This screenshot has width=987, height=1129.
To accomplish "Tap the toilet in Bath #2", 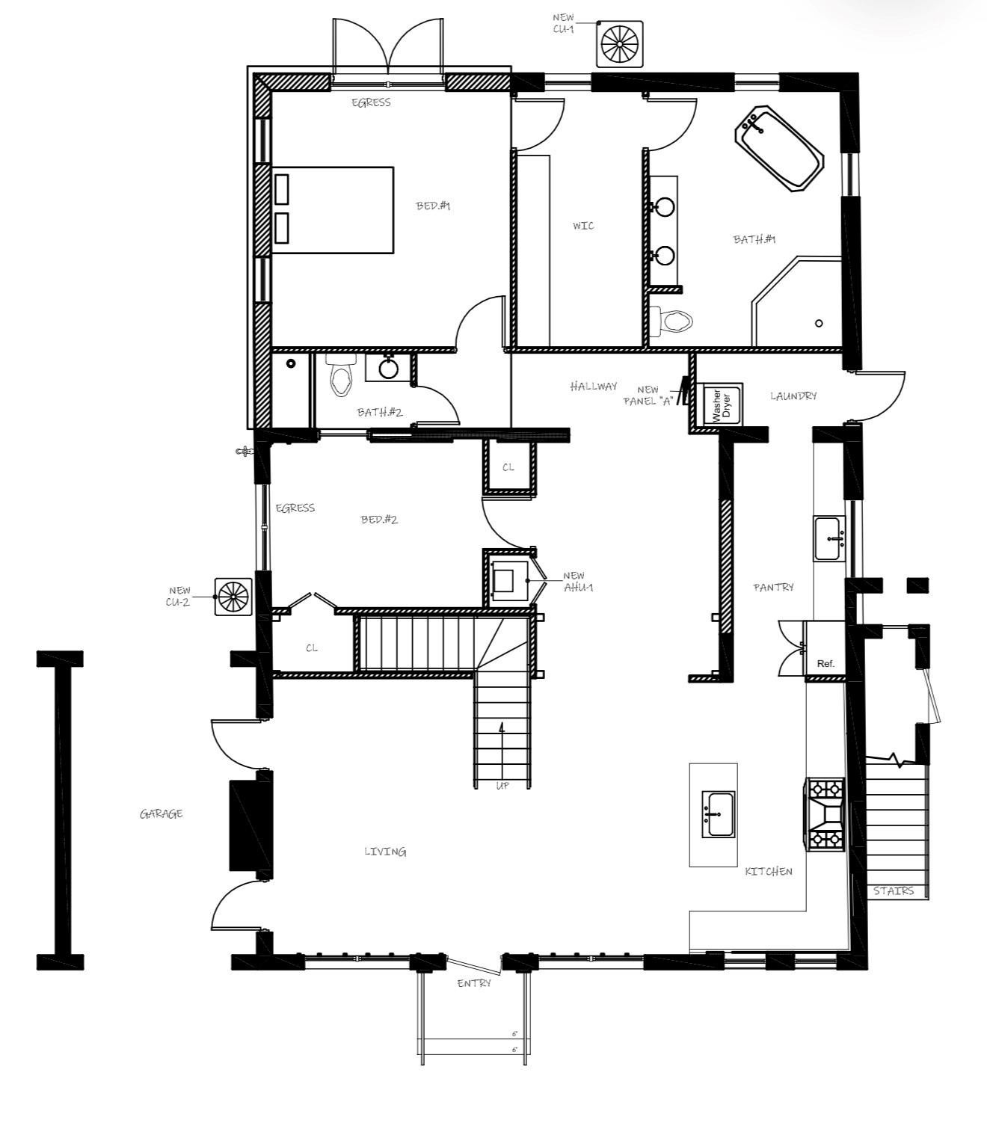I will click(x=342, y=378).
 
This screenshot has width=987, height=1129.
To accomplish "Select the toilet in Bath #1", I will click(x=673, y=322).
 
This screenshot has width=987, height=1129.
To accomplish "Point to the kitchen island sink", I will click(x=718, y=814).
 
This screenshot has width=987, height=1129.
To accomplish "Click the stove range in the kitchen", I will click(x=825, y=814).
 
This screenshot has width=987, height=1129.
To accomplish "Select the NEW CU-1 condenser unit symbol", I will click(x=620, y=44).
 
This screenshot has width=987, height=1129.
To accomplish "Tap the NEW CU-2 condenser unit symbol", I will click(x=233, y=596).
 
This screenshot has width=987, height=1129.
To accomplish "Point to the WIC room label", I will click(x=583, y=226).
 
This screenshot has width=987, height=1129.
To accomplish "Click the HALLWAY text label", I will click(x=594, y=387).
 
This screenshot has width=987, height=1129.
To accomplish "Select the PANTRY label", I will click(x=773, y=588).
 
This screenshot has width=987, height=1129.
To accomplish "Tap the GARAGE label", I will click(x=161, y=813).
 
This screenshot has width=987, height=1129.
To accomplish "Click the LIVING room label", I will click(x=385, y=852).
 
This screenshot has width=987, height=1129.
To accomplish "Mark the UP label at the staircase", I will click(x=502, y=786).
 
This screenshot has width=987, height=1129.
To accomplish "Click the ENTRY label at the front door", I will click(x=474, y=983).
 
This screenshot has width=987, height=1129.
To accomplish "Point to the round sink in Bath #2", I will click(x=388, y=368).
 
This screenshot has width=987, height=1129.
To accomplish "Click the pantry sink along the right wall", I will click(x=829, y=538).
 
